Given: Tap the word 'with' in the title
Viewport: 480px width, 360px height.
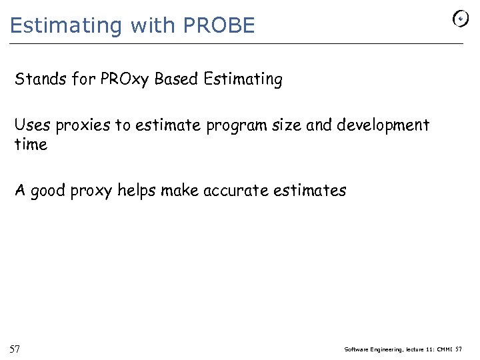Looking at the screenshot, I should [x=152, y=25].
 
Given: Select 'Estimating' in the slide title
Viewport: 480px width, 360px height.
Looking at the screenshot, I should [x=67, y=25].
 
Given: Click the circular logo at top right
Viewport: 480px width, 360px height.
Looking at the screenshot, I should [x=461, y=19].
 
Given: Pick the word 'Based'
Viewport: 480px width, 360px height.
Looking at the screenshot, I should [x=176, y=79].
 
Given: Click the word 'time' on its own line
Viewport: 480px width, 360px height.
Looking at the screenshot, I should [x=31, y=144].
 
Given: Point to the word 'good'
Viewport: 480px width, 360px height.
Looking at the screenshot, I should [x=49, y=191].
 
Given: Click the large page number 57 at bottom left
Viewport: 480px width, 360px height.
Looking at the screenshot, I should [x=15, y=349].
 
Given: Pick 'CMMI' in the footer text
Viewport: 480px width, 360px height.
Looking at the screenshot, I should [x=443, y=349].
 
